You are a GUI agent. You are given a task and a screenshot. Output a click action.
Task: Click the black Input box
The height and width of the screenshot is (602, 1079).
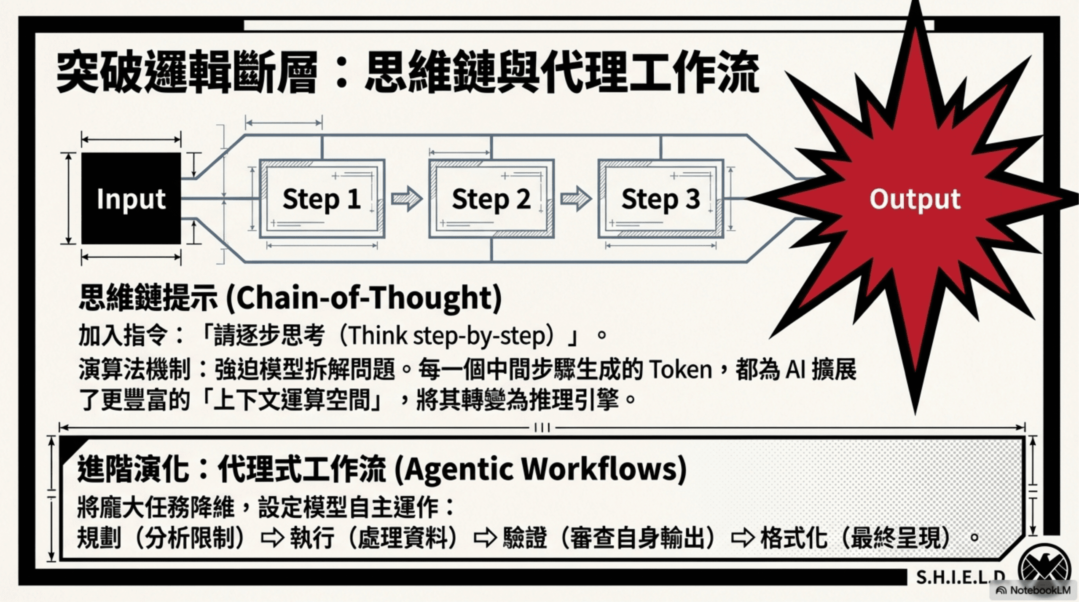131,198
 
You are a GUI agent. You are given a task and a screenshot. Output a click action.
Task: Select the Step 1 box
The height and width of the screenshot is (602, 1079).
322,198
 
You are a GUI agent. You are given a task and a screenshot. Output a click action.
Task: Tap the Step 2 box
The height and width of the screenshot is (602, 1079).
491,198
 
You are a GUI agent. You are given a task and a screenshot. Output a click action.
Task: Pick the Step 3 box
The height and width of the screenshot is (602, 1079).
660,198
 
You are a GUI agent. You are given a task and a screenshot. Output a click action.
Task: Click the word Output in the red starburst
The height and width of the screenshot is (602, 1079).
915,199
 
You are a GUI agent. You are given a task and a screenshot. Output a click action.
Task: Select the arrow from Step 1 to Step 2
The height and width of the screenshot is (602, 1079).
407,198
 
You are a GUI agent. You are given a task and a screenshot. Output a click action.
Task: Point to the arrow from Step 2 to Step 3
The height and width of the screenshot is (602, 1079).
576,198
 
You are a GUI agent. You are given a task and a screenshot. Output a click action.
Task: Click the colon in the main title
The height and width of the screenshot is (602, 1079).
341,72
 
